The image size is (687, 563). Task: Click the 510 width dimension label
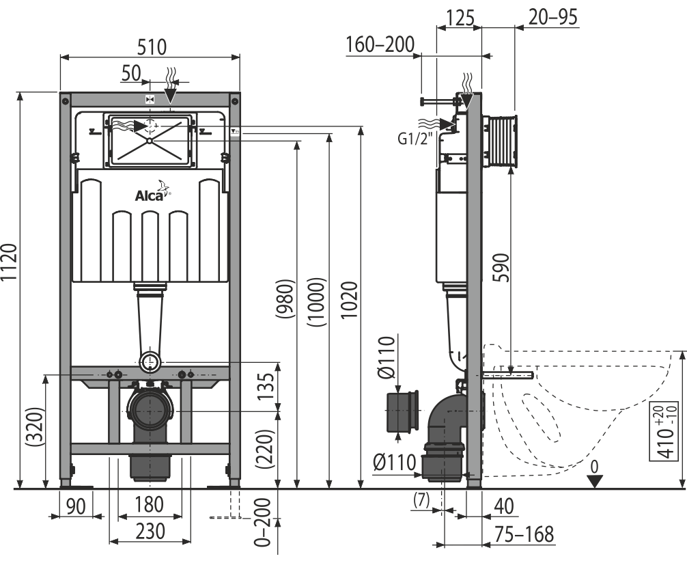coord(152,47)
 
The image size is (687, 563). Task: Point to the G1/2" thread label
coord(415,139)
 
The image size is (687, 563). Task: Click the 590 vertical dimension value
coord(501,267)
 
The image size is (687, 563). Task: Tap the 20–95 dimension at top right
coord(553,17)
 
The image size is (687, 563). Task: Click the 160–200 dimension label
coord(380,44)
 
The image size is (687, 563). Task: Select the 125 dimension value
coord(460,18)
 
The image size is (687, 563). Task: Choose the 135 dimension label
coord(265,386)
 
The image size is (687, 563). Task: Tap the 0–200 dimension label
coord(262,522)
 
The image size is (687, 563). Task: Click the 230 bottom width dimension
coord(150,531)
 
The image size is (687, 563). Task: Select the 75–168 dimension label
coord(524,534)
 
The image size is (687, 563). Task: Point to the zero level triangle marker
coord(594,482)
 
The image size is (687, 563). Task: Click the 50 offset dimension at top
coord(131,74)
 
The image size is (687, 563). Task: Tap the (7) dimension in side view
coord(421,500)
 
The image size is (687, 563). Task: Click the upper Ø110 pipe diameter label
coord(386,357)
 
